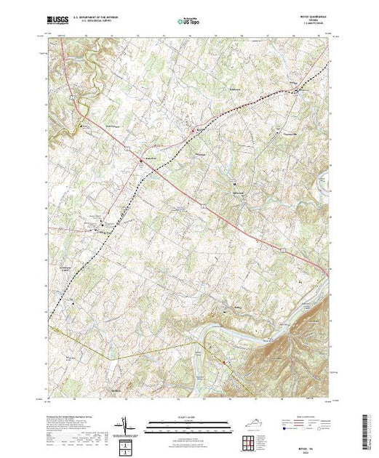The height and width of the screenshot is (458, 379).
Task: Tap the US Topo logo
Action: (x=190, y=22)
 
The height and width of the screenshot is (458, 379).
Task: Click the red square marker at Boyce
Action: (x=193, y=131)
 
